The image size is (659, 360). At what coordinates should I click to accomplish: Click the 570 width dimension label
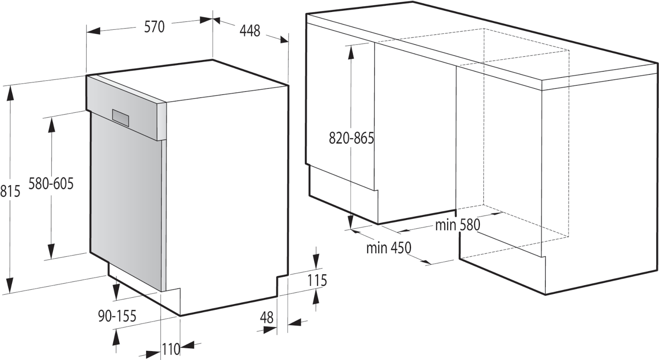154,27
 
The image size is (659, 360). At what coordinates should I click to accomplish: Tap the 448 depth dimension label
250,31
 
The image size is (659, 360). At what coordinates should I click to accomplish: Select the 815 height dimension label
10,191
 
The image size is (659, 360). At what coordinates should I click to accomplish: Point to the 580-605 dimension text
51,184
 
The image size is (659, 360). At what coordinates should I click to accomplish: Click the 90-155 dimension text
117,316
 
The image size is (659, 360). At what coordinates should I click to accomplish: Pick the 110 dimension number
170,349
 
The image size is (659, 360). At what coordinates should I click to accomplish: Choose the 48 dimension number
267,318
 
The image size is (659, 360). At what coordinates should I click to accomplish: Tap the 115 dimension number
317,281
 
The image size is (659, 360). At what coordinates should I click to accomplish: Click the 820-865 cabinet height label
351,138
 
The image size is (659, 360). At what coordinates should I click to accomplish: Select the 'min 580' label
457,225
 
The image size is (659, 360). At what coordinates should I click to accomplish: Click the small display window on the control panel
120,118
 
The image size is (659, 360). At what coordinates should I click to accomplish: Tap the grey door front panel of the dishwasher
127,200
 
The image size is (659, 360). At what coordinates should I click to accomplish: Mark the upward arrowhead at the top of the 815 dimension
10,93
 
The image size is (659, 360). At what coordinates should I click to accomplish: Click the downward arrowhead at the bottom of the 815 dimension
10,286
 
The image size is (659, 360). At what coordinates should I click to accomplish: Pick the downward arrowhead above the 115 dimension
316,261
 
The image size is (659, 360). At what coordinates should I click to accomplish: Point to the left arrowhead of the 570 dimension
94,31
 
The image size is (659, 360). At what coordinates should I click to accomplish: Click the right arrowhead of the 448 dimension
283,40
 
